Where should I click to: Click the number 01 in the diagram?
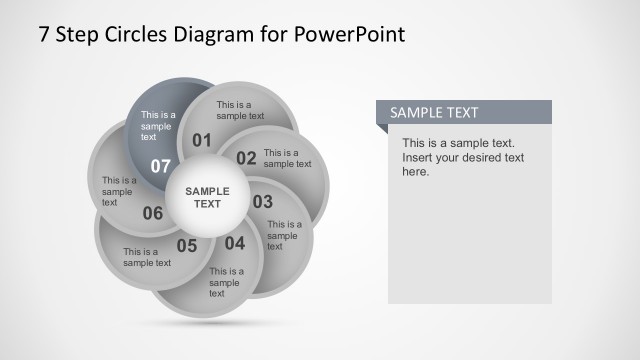202,140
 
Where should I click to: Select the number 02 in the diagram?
246,157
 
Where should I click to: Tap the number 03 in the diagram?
262,202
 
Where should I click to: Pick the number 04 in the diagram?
234,243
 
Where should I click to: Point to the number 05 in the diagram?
187,245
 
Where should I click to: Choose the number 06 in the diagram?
153,213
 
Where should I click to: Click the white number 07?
161,165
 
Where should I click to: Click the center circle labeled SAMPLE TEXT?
207,197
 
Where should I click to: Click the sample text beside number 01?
240,110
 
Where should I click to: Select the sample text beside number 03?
284,235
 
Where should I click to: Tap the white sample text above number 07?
157,126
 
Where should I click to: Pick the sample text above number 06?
119,191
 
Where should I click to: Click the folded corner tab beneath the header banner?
381,129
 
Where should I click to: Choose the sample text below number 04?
226,282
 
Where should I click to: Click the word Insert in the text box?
419,158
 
